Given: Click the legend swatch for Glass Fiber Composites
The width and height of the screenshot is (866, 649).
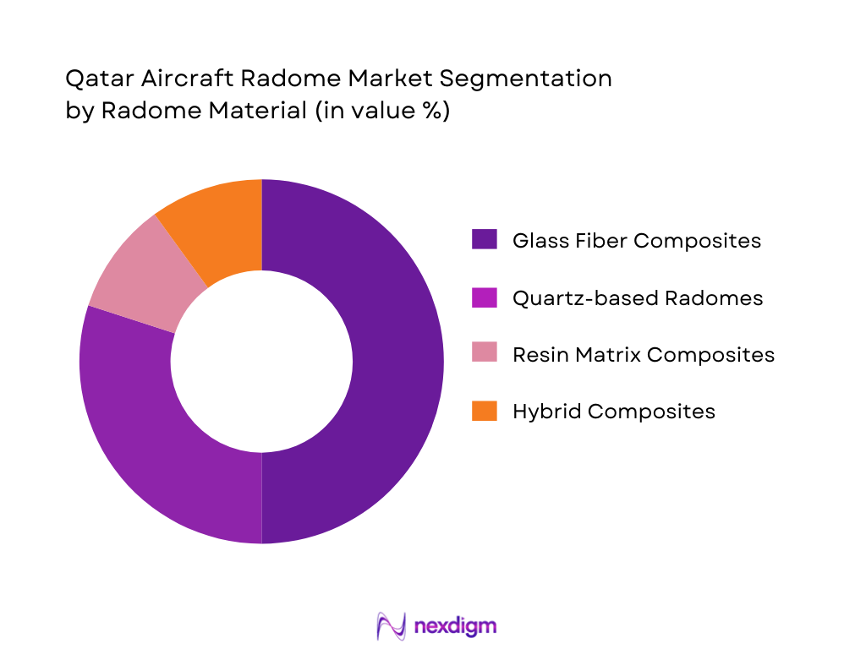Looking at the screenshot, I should pyautogui.click(x=484, y=241).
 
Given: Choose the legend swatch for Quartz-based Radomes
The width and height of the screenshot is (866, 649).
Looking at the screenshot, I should pyautogui.click(x=484, y=297).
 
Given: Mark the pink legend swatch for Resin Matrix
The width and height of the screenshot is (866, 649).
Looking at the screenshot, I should pyautogui.click(x=484, y=354).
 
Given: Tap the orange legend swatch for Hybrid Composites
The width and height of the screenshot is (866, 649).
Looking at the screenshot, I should pyautogui.click(x=484, y=411).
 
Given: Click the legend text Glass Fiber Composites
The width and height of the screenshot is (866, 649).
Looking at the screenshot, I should pyautogui.click(x=637, y=241).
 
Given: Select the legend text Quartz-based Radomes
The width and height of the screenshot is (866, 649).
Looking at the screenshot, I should pyautogui.click(x=638, y=297).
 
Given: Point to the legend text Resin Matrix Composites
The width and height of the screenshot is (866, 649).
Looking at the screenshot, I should pyautogui.click(x=644, y=354).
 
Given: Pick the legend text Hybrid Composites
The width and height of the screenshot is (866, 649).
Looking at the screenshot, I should pyautogui.click(x=614, y=411).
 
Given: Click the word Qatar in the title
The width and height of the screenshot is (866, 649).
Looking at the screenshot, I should pyautogui.click(x=91, y=79).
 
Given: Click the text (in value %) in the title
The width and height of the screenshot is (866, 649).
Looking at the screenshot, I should pyautogui.click(x=382, y=112).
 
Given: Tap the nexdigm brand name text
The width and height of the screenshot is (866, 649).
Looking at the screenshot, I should pyautogui.click(x=456, y=625).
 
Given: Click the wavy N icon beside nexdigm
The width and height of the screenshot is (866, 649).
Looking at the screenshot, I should pyautogui.click(x=391, y=625).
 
